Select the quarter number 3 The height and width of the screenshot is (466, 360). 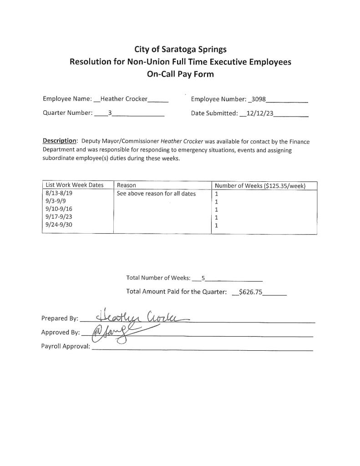point(110,113)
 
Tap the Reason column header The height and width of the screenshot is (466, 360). point(127,185)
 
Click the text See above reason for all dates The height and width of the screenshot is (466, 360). point(156,194)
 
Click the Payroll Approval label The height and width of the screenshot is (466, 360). point(66,347)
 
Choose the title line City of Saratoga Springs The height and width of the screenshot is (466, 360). point(180,49)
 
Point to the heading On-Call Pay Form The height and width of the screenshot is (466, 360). point(180,74)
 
